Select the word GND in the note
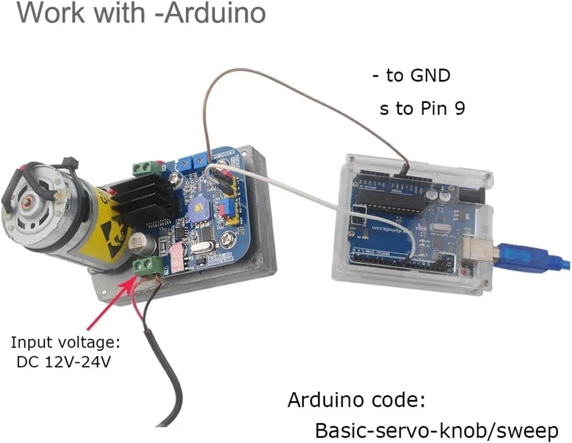(430, 75)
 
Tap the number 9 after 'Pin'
(459, 108)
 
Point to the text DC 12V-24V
(64, 362)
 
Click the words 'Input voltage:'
(65, 343)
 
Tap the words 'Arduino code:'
(356, 400)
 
